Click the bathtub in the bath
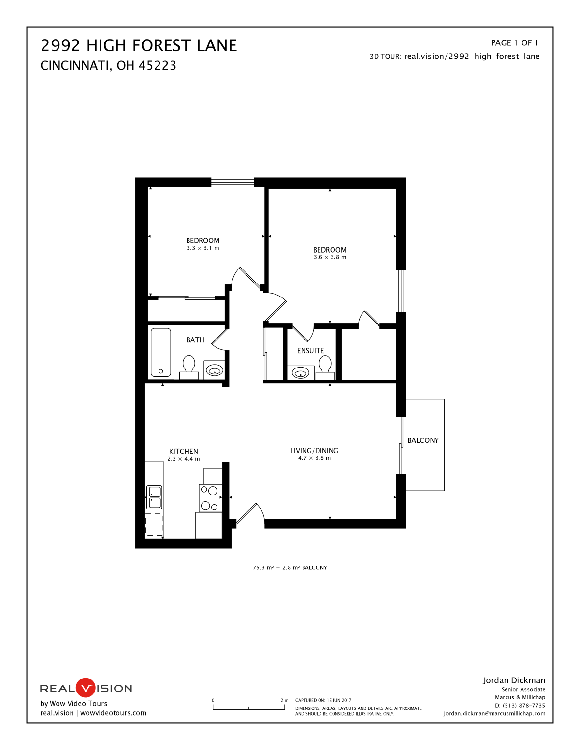click(160, 352)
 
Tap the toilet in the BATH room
click(188, 367)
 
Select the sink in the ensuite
click(301, 373)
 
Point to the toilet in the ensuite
click(325, 367)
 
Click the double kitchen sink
click(154, 497)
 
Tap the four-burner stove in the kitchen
click(210, 498)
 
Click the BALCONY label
click(423, 440)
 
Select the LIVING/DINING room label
click(314, 451)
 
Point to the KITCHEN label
click(184, 452)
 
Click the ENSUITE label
click(310, 350)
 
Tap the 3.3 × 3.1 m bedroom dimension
click(203, 248)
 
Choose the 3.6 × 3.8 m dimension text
click(330, 257)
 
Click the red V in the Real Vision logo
click(85, 688)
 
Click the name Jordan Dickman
click(514, 680)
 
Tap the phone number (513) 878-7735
click(524, 706)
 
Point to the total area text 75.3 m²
click(263, 568)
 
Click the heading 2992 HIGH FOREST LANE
click(139, 45)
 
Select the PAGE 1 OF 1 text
click(514, 43)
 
